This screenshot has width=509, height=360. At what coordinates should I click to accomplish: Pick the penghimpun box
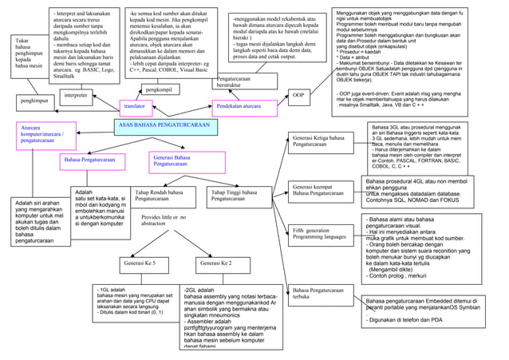click(34, 101)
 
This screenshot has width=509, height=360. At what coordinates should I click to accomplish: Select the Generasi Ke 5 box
click(139, 262)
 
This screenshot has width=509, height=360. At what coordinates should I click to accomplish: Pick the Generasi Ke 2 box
click(215, 262)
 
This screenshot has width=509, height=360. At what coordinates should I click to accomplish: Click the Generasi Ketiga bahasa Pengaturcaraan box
click(321, 141)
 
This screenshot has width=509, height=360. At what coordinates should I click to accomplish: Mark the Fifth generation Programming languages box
click(321, 234)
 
